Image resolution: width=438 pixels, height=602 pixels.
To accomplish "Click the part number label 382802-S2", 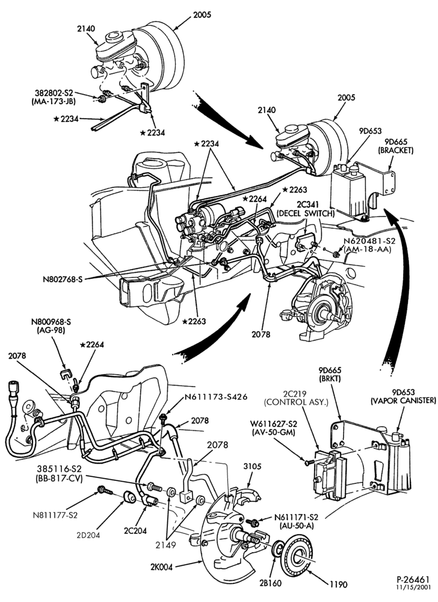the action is [54, 93].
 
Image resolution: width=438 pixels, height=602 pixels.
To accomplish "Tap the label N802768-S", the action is [63, 279].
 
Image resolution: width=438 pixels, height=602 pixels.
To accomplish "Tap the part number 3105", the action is [252, 467].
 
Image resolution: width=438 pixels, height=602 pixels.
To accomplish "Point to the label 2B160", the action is [270, 583].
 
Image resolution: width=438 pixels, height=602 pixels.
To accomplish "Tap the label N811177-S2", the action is [55, 515].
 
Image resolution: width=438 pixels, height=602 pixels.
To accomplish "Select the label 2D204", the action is [88, 535].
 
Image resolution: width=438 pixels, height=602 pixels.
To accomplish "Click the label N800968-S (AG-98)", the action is [51, 325].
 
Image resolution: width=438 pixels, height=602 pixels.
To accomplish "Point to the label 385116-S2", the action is [60, 469].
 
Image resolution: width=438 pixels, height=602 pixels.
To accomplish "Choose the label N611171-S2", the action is [296, 517].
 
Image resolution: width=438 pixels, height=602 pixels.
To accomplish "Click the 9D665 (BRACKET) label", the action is [396, 146].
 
